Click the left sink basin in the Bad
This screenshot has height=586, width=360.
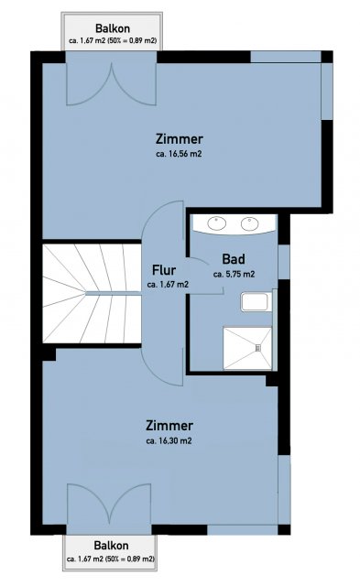216,223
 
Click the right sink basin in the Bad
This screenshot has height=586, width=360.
250,223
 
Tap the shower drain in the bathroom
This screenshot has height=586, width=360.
258,348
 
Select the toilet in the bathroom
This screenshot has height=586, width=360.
255,302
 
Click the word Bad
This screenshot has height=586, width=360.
234,258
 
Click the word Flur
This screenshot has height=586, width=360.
164,269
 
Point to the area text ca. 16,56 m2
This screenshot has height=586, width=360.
179,154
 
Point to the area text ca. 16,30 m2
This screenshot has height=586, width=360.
169,440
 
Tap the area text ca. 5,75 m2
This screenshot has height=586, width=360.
234,274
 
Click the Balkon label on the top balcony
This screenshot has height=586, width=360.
113,28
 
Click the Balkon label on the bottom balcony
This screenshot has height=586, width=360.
111,546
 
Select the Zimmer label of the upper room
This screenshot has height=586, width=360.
180,139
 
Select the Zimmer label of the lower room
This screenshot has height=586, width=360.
169,426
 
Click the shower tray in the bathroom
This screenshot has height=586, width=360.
247,348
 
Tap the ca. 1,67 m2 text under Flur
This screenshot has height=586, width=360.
168,285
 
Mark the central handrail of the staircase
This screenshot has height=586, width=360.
114,293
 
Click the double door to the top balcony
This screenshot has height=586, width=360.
111,83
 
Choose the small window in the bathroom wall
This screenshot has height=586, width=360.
284,262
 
